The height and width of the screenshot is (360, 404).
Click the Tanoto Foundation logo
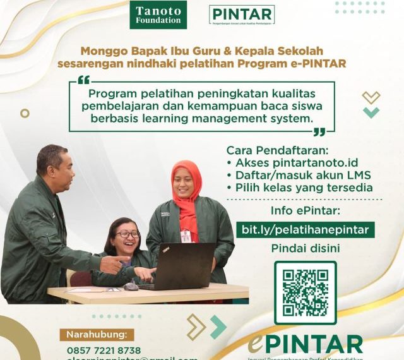158,15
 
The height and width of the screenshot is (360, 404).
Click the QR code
305,292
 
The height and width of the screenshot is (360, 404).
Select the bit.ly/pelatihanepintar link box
306,229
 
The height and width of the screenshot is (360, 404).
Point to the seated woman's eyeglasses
128,235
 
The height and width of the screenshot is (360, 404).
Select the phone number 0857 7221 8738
104,350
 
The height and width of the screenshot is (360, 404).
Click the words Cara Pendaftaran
268,150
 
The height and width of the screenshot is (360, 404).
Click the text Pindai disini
306,248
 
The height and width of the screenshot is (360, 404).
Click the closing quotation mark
319,131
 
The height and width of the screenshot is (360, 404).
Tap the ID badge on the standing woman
186,236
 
